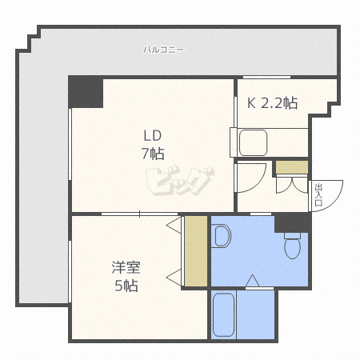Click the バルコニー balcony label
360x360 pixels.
163,50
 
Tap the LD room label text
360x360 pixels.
153,135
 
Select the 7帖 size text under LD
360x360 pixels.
153,154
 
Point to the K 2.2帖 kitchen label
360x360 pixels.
272,103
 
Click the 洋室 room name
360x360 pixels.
126,267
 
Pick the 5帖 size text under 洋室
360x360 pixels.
126,286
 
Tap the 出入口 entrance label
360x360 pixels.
318,194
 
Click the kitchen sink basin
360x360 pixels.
253,142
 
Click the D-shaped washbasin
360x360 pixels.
222,236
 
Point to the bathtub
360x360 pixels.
224,314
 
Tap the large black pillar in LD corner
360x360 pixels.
86,92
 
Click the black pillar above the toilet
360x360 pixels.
293,222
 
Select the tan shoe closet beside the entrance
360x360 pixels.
292,167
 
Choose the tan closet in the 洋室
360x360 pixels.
196,251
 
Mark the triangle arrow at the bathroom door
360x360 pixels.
252,281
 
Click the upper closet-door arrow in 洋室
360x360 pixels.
174,226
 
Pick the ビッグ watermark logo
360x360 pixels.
180,182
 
